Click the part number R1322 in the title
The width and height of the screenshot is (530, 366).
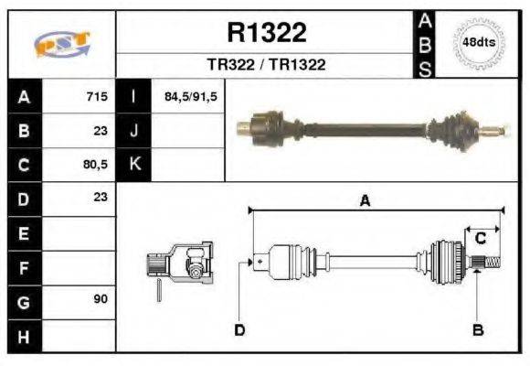266,34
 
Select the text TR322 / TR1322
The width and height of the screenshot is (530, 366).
267,65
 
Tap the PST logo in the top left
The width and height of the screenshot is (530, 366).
61,44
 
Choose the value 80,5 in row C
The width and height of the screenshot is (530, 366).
95,166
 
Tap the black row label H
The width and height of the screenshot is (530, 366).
24,336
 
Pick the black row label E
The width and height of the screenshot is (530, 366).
24,233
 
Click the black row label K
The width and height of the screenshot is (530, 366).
134,165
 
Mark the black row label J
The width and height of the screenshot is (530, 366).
134,131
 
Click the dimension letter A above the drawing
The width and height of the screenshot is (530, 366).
365,201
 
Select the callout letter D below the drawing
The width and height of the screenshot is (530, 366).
239,329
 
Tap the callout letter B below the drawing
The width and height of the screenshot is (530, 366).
477,329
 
